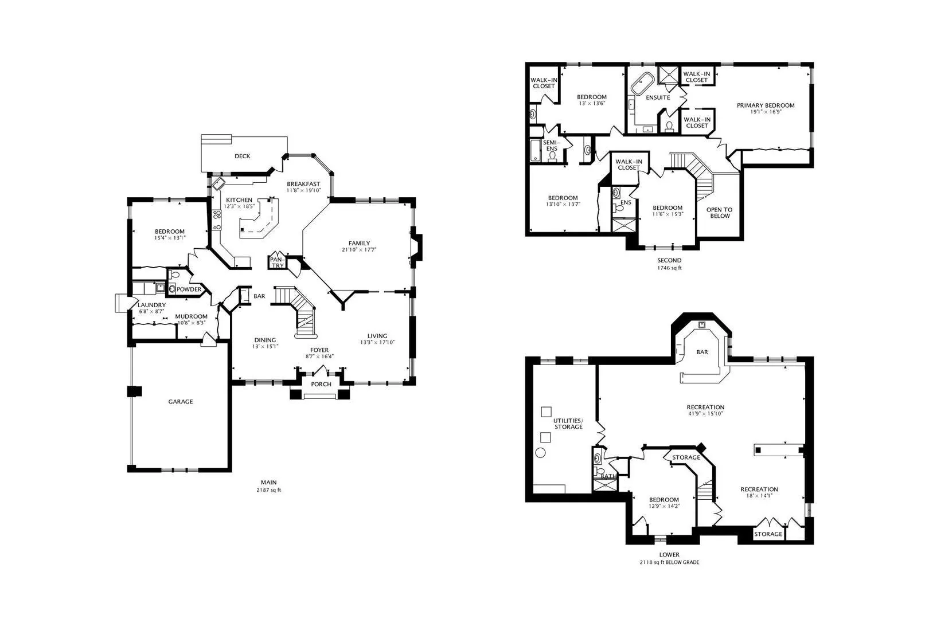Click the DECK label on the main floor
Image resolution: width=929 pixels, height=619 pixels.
coord(242,156)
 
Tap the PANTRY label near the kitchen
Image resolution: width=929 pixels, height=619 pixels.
coord(278,263)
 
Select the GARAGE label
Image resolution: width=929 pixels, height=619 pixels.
coord(181,401)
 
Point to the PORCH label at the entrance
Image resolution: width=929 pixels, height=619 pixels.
coord(321,385)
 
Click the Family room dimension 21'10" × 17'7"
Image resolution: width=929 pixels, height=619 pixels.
coord(359,249)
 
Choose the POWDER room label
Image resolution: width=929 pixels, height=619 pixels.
coord(189,289)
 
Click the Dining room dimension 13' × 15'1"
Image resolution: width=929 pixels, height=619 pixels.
coord(265,346)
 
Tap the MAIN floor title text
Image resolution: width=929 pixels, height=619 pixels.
coord(269,482)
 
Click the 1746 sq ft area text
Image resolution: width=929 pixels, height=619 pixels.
coord(669,268)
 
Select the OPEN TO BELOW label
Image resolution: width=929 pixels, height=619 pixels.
coord(720,213)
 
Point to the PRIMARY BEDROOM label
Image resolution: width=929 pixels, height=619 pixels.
coord(766,105)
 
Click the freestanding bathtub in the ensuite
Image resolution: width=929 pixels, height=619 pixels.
coord(642,84)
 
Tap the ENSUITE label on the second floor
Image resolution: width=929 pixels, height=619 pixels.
coord(658,97)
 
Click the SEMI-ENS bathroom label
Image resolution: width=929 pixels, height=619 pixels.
coord(552,146)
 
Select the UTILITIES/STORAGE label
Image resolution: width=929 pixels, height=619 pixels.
coord(568,424)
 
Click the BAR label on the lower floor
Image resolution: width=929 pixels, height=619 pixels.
coord(702,352)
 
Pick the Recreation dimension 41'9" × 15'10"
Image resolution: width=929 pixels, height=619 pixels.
coord(705,413)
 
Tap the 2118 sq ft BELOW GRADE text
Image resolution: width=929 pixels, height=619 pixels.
coord(669,562)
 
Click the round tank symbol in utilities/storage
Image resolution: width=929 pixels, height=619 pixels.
coord(540,453)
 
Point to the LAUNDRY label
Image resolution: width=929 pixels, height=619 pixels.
coord(152,305)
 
